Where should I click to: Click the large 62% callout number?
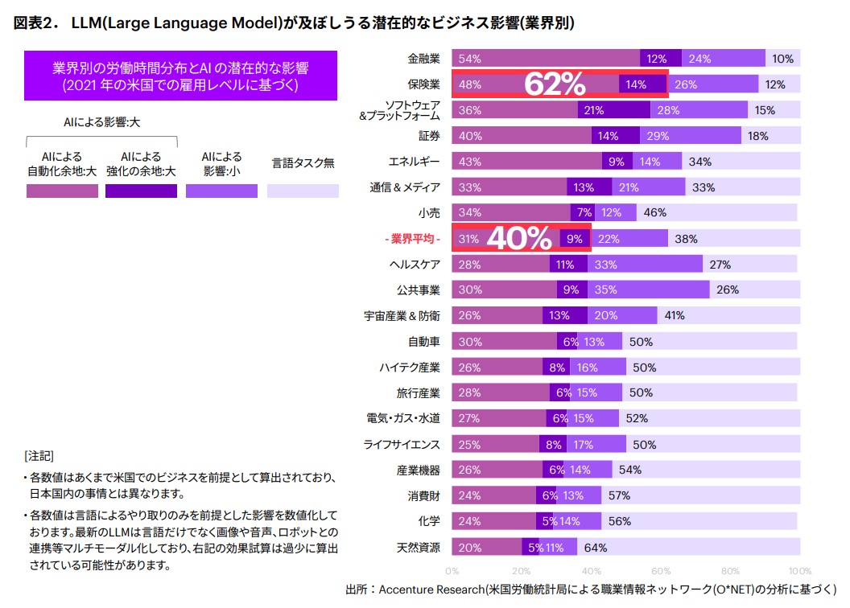[555, 84]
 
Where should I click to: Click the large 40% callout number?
[519, 239]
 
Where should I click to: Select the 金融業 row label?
[423, 59]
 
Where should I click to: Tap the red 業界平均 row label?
[411, 239]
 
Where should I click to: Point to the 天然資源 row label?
[418, 548]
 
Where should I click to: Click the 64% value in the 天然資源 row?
[595, 548]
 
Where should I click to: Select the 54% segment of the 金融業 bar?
[546, 59]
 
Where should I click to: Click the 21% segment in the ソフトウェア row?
[594, 110]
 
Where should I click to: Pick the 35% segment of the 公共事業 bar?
[648, 290]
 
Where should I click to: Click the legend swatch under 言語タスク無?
[302, 191]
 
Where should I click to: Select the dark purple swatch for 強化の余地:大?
[141, 191]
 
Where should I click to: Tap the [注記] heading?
[39, 454]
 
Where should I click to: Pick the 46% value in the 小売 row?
[655, 213]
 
